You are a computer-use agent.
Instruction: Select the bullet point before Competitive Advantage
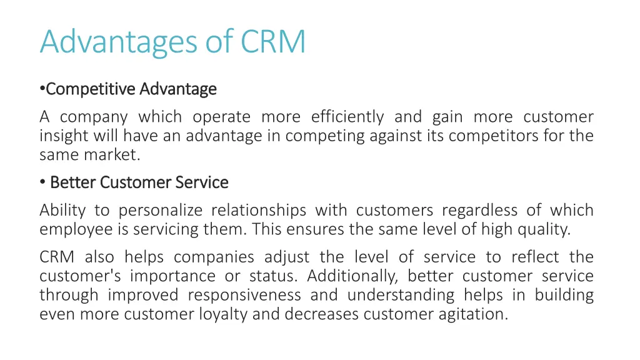pyautogui.click(x=42, y=89)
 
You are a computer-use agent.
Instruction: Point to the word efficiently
pyautogui.click(x=347, y=117)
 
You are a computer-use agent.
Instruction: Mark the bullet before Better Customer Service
pyautogui.click(x=42, y=182)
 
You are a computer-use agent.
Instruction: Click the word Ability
pyautogui.click(x=63, y=211)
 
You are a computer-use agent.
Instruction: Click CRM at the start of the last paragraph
pyautogui.click(x=57, y=257)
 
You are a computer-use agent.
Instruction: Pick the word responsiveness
pyautogui.click(x=244, y=295)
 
